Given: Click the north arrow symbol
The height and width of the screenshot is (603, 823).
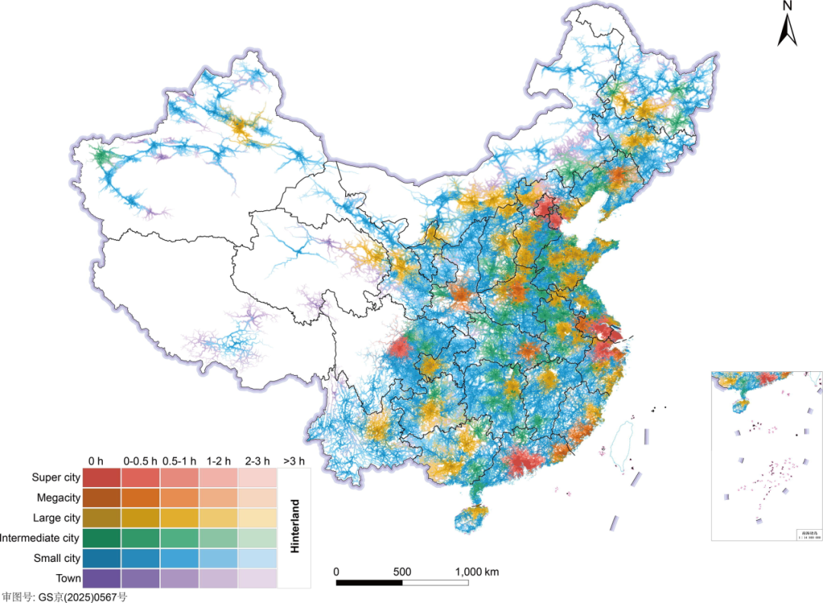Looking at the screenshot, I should tap(787, 30).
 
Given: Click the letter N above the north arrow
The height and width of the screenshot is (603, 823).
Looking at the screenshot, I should tap(788, 6).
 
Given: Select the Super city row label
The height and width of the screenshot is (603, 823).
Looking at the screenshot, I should tap(56, 478).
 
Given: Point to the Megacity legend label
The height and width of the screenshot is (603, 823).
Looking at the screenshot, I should tap(59, 498).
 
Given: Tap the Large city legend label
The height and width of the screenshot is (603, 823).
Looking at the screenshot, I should tap(57, 518).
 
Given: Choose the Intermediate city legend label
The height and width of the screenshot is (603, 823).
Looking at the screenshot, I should tap(40, 538).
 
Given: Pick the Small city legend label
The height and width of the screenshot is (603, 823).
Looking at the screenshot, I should tap(57, 558).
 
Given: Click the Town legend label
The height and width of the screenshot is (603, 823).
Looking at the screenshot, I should tap(68, 579).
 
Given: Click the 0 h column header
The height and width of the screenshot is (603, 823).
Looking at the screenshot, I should tap(96, 460).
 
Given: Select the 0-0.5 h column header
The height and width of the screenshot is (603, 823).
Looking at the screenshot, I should tap(140, 460).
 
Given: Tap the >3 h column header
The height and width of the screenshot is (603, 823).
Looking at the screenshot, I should tap(293, 460).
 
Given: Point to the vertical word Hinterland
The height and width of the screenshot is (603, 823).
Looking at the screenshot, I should tap(294, 526).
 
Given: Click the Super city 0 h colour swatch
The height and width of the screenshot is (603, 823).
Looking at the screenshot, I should tap(101, 478).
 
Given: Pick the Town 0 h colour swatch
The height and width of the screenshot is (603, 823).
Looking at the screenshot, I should tap(101, 579).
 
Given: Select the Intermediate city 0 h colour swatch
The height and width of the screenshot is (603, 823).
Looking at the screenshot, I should tap(101, 538).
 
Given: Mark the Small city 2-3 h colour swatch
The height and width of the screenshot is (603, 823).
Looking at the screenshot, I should tap(257, 558).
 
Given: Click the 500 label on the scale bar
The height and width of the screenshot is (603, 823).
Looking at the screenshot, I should tap(402, 573).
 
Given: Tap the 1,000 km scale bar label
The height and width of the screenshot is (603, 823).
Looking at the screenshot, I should tap(477, 573).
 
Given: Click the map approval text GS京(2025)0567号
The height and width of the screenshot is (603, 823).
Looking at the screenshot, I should tap(64, 597).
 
